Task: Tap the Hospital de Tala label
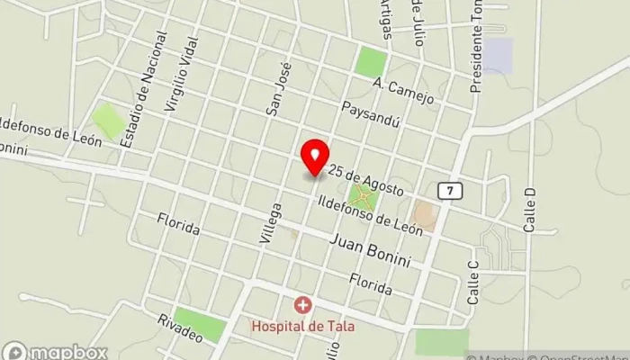pyautogui.click(x=302, y=325)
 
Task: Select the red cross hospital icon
pyautogui.click(x=301, y=306)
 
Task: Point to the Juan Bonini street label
pyautogui.click(x=370, y=251)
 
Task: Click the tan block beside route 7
pyautogui.click(x=423, y=215)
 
